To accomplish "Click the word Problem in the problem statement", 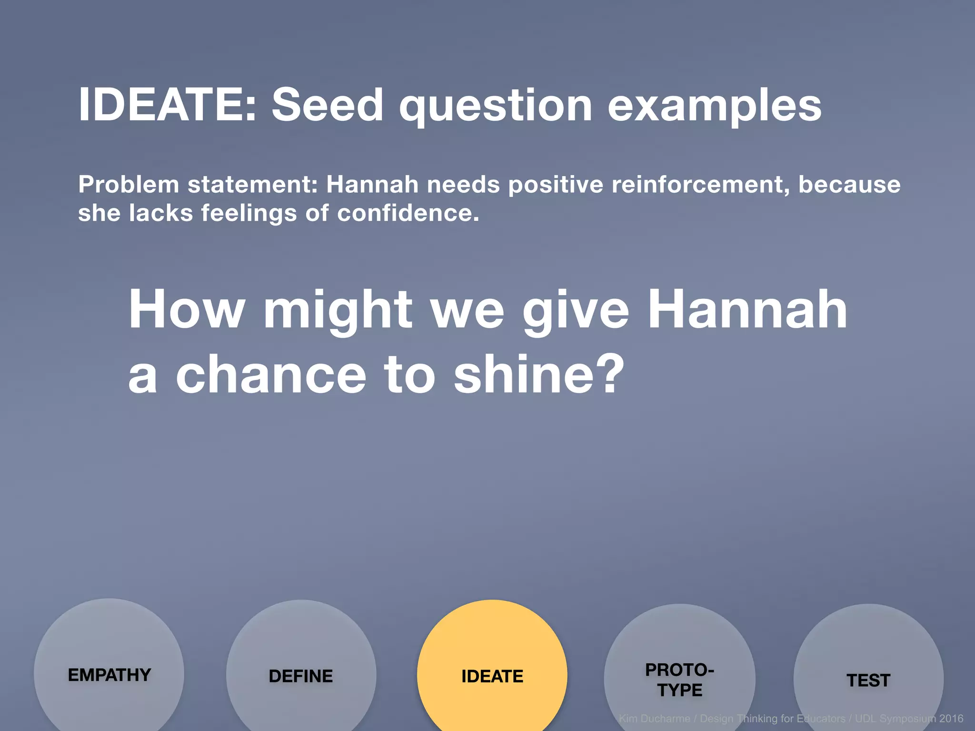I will coord(129,185).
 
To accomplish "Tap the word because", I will coord(849,185).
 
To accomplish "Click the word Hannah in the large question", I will coord(747,309).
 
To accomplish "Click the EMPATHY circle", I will coord(109,674).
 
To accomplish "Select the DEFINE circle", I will coord(301,676).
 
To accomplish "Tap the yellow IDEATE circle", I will coord(492,676).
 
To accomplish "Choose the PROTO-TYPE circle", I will coord(679,679).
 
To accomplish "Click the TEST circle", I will coord(868,680).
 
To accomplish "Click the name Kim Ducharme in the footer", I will coord(654,719).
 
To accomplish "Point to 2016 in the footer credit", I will coord(951,719).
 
